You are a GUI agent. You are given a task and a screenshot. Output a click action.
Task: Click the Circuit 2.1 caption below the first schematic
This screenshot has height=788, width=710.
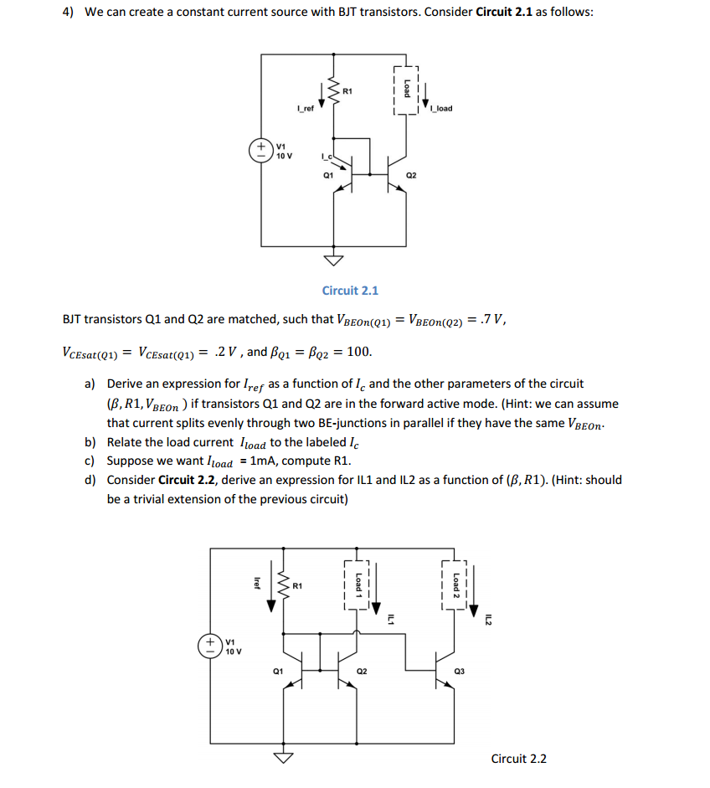tap(350, 291)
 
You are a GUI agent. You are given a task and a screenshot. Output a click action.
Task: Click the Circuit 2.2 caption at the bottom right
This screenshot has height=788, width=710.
tap(518, 759)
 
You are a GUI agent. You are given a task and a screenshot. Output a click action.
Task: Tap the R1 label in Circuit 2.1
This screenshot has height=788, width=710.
tap(348, 90)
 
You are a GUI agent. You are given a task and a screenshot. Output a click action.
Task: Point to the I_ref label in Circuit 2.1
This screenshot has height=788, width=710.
tap(306, 109)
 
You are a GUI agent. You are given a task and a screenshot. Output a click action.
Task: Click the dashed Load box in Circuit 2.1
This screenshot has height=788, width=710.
tap(406, 90)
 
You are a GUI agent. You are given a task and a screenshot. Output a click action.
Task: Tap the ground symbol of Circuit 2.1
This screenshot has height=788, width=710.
tap(335, 260)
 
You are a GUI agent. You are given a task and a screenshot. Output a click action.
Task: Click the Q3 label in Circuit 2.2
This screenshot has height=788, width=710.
tap(458, 671)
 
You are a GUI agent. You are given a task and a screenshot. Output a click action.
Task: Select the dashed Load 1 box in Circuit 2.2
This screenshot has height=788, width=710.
tap(358, 583)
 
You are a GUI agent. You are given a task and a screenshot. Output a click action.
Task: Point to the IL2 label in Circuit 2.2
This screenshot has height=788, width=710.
tap(489, 620)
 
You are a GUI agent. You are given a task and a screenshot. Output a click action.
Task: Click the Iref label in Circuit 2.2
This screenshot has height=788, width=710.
tap(257, 583)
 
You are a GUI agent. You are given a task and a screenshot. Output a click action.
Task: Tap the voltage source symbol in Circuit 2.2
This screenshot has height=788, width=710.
tap(211, 646)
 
